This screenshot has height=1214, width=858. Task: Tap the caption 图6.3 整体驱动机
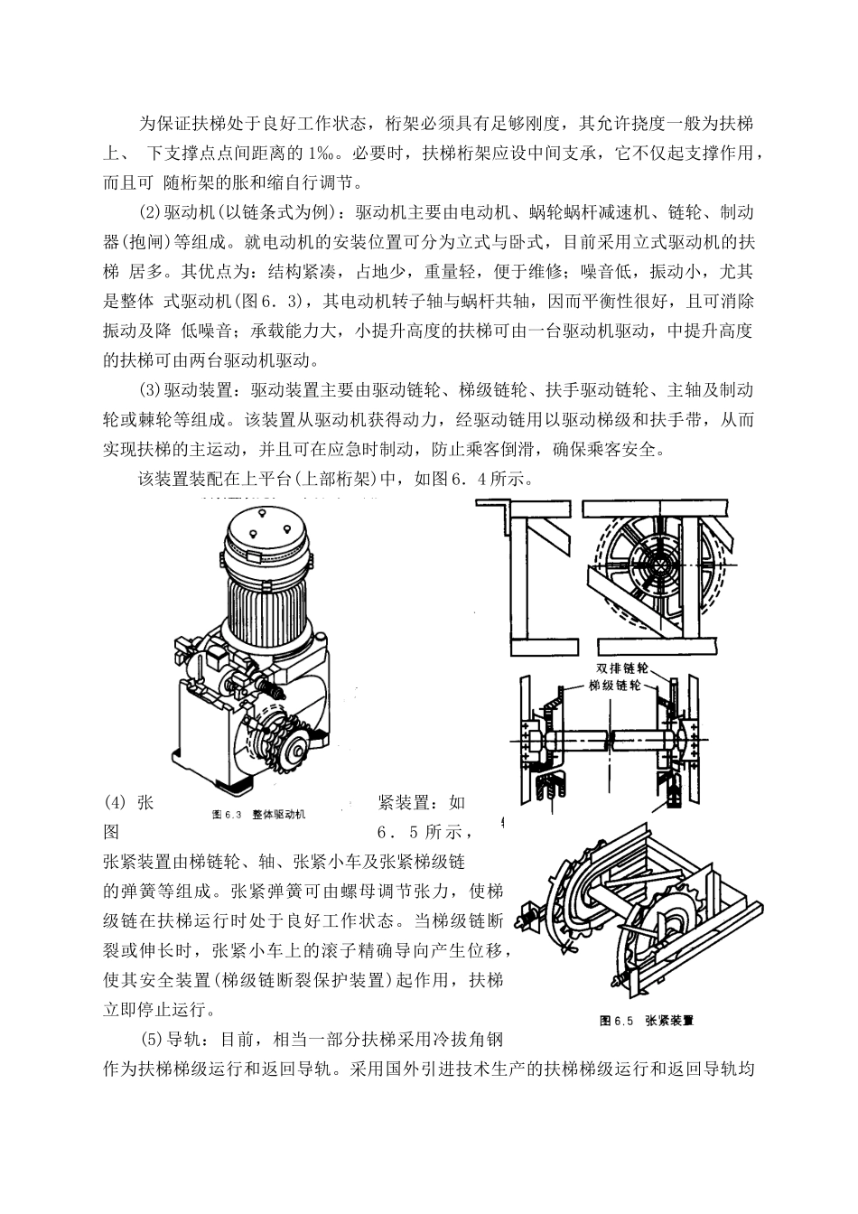[x=258, y=814]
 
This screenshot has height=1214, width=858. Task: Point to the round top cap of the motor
[x=267, y=530]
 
